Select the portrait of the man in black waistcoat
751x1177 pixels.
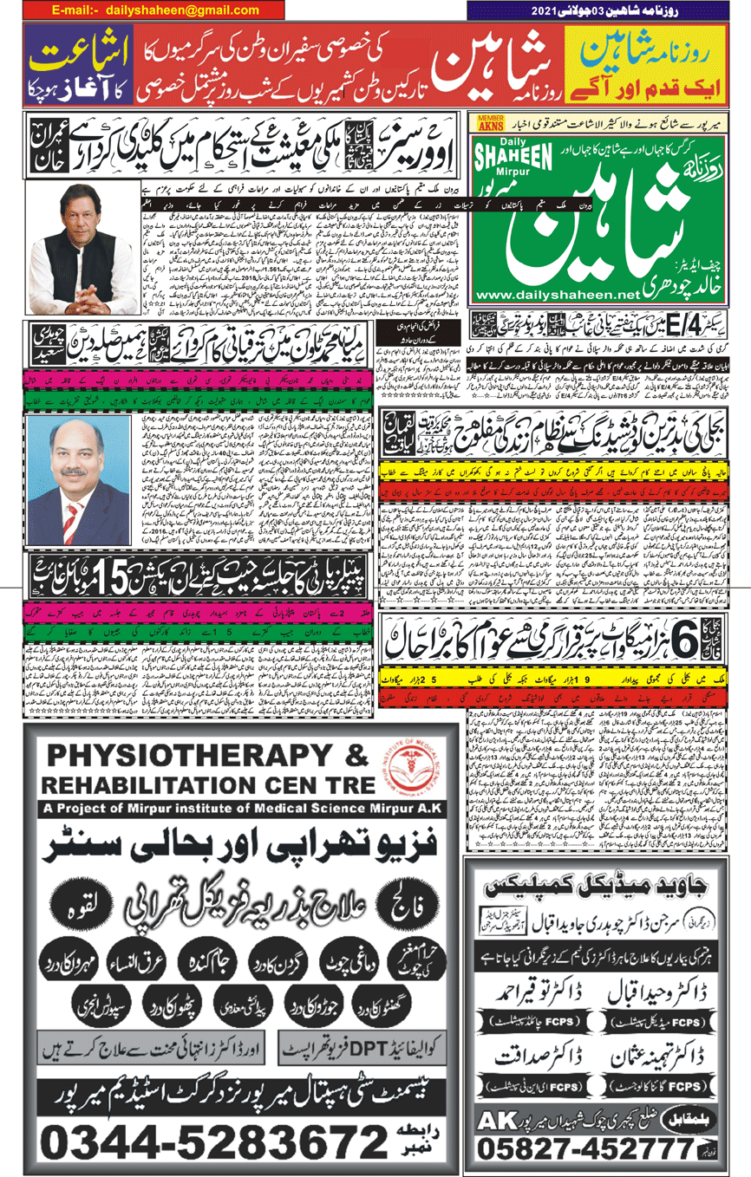click(x=82, y=250)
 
